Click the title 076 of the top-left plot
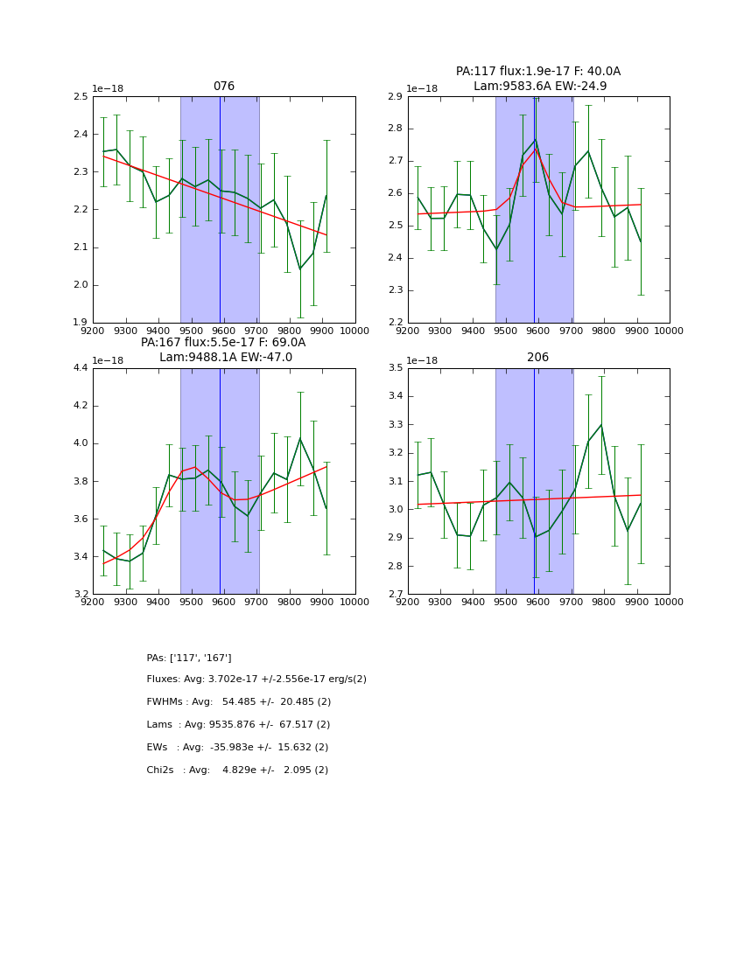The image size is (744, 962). point(224,87)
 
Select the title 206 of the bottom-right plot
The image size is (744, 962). point(538,358)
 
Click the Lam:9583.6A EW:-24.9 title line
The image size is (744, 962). point(539,86)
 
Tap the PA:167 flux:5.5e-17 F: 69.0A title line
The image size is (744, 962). point(223,343)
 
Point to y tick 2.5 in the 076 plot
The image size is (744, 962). point(81,96)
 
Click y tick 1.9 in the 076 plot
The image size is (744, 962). point(81,323)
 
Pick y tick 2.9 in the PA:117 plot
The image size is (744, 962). point(396,96)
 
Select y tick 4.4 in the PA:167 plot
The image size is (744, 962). point(81,368)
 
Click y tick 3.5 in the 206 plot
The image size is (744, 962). point(396,368)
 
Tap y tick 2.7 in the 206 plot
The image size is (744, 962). point(396,595)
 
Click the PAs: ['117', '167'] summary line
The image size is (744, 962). point(189,658)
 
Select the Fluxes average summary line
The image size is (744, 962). point(256,680)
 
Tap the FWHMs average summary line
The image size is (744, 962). point(239,702)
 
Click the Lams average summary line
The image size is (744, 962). point(239,725)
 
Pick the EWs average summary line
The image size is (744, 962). point(238,748)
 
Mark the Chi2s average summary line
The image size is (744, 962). point(238,770)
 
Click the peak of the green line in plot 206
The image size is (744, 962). point(601,425)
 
